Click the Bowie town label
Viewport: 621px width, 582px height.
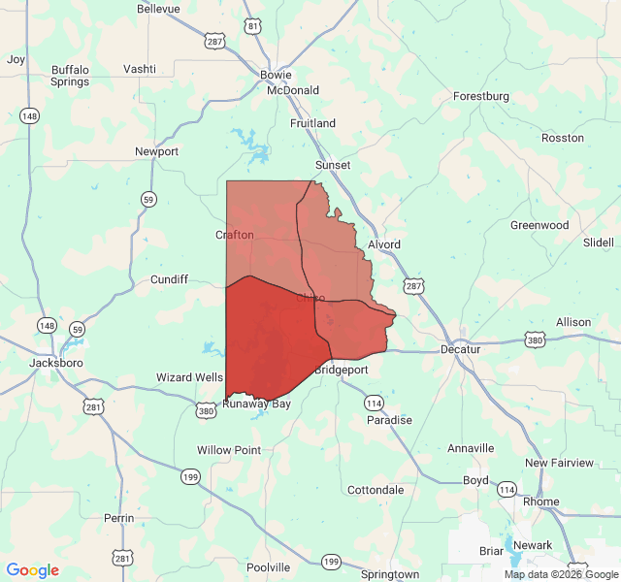(x=277, y=75)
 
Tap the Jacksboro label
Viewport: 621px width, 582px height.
(x=56, y=362)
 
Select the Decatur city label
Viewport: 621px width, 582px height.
(x=460, y=349)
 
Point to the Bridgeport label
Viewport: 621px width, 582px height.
(x=341, y=370)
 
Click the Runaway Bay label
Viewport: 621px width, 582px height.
(x=256, y=404)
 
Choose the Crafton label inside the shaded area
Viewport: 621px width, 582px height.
(x=235, y=235)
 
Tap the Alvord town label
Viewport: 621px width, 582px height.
(x=384, y=244)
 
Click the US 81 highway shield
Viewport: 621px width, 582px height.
(x=252, y=25)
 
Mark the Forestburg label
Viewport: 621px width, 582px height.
(x=481, y=96)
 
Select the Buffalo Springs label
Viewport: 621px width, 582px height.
(x=70, y=76)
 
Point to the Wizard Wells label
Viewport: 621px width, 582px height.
(x=190, y=377)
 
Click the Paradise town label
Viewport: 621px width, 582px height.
(x=389, y=420)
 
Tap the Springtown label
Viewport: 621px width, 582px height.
(x=390, y=574)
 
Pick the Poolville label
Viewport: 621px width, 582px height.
(x=268, y=567)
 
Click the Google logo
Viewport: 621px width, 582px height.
(x=33, y=570)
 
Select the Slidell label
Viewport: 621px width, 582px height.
(x=599, y=242)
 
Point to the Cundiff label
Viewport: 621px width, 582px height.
(x=169, y=279)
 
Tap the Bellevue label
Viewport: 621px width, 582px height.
(x=158, y=9)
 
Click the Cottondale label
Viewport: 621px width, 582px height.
(x=376, y=490)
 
